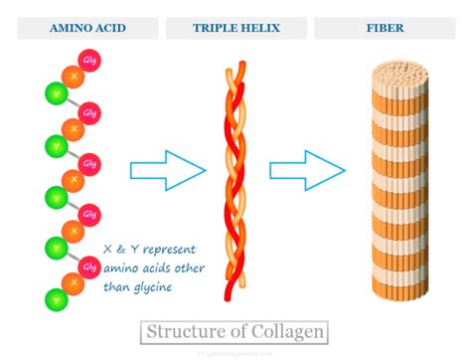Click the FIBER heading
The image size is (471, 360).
[x=391, y=28]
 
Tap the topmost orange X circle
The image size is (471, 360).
[x=71, y=78]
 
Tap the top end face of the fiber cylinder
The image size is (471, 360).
[x=397, y=72]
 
